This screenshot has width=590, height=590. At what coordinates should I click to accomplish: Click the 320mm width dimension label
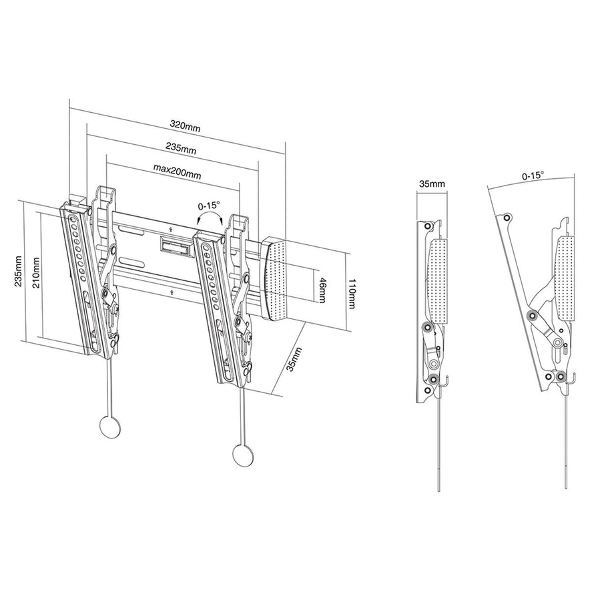pos(185,125)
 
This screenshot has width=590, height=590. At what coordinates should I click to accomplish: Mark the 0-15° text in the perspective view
pos(209,207)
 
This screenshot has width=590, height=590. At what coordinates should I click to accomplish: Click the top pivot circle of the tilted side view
pos(507,217)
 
